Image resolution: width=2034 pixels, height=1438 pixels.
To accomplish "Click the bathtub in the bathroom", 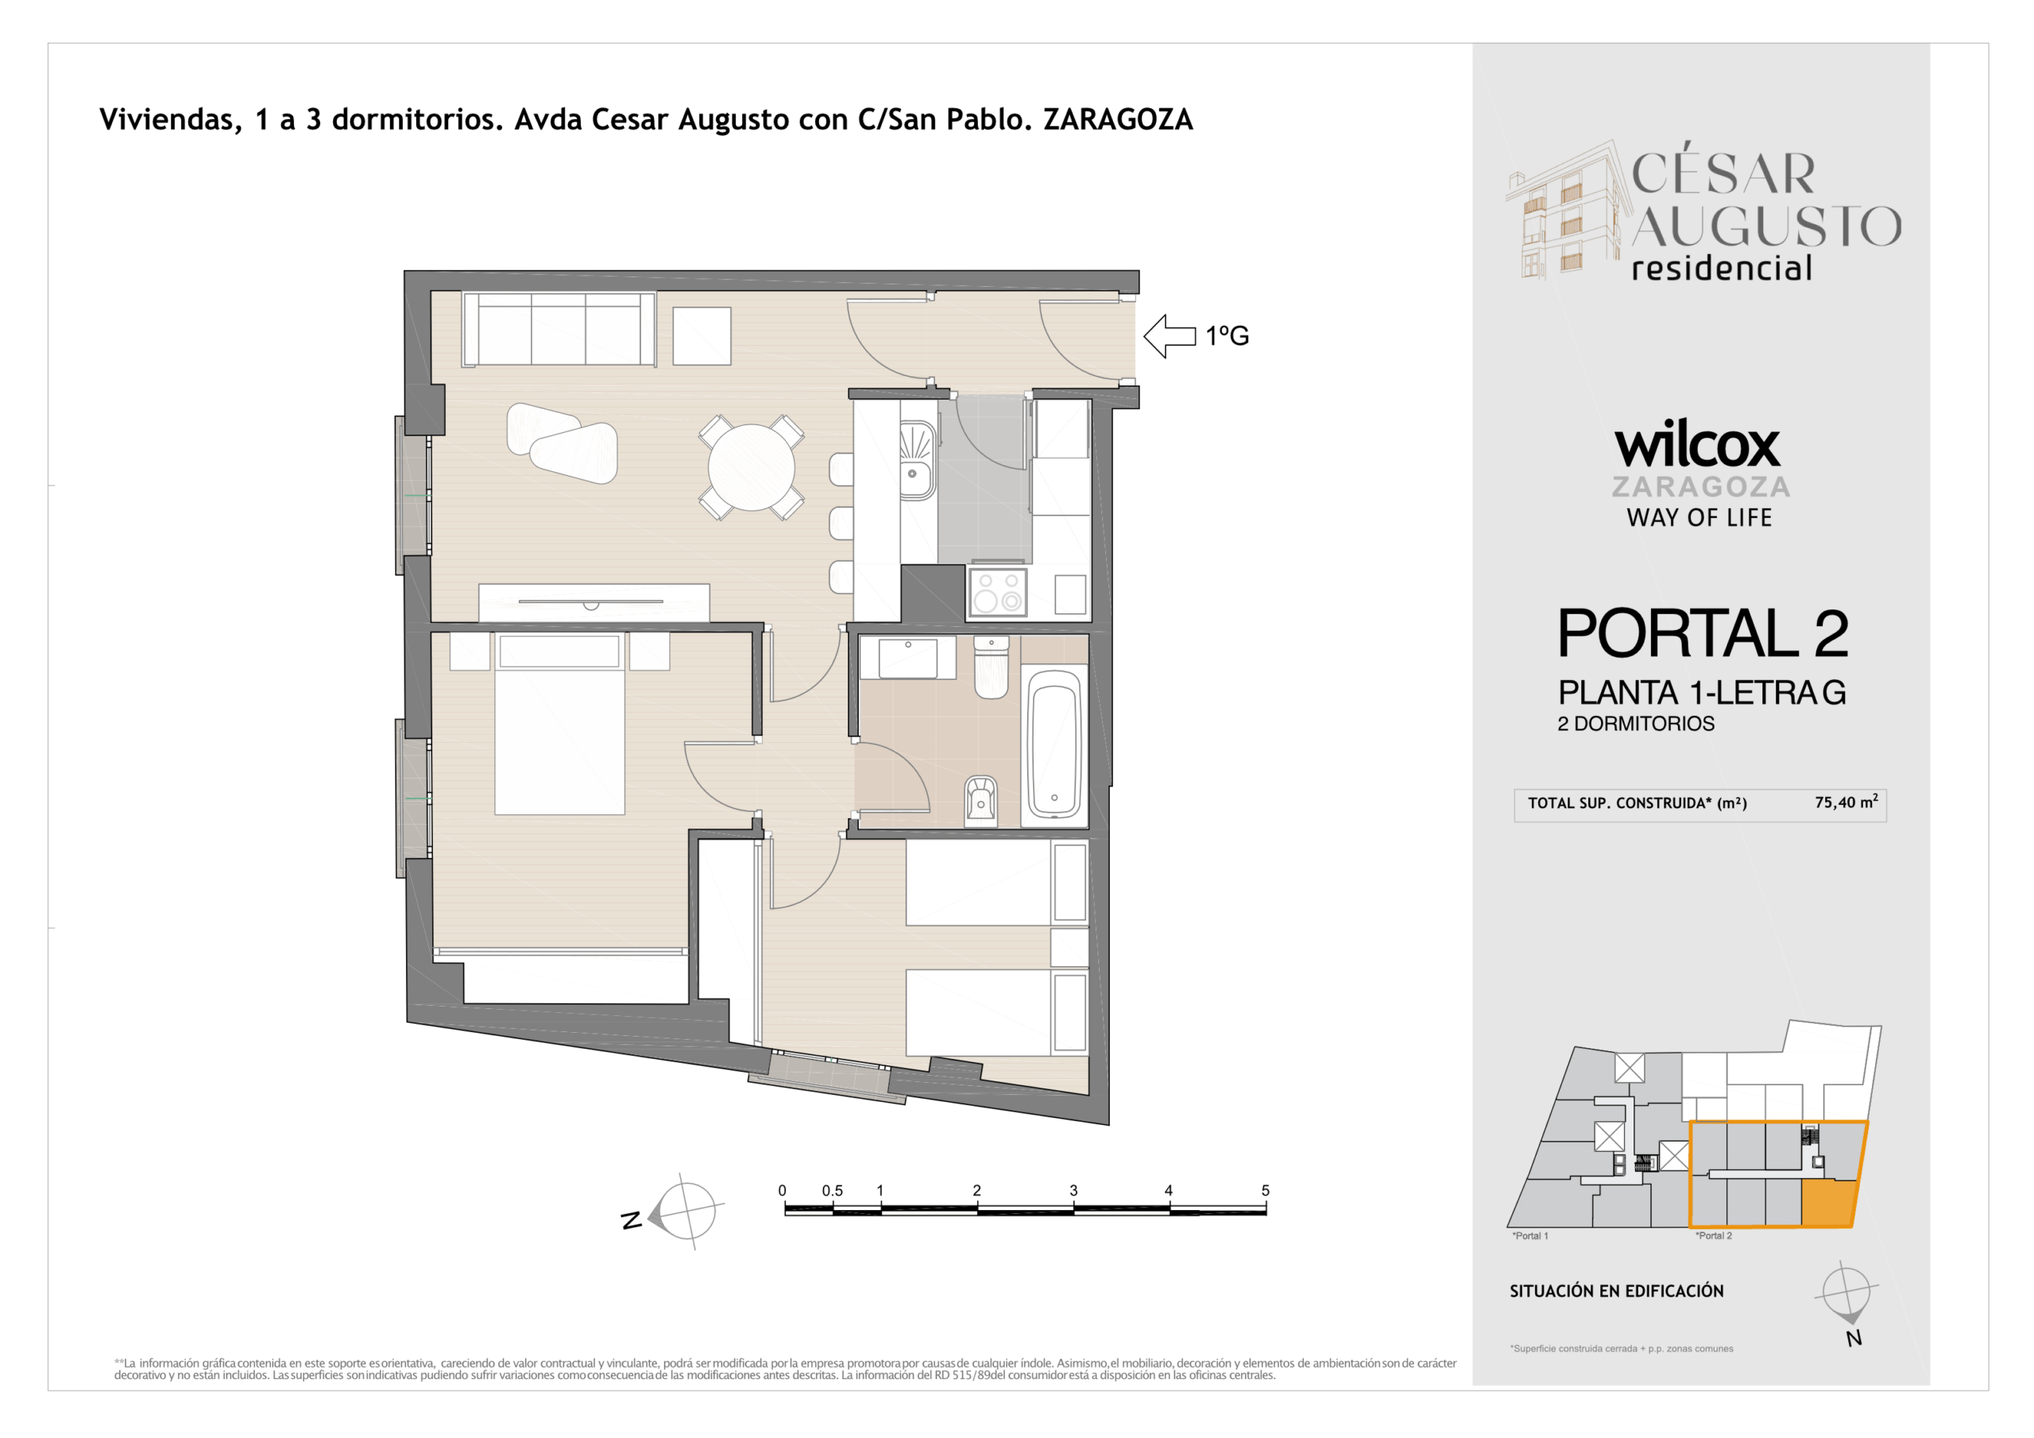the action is point(1054,745).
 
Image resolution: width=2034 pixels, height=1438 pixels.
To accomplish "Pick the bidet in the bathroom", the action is point(980,799).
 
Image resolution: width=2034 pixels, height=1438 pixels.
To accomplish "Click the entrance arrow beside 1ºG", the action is point(1170,337).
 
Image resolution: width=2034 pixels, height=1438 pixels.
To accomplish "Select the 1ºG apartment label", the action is point(1227,337).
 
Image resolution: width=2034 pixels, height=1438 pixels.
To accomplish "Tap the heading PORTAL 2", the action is point(1703,633).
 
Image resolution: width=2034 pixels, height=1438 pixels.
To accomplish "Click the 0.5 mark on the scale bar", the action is point(832,1191).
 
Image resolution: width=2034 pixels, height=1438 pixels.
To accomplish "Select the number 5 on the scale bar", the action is point(1265,1191).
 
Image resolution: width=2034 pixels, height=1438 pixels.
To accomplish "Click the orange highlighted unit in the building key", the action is point(1827,1203).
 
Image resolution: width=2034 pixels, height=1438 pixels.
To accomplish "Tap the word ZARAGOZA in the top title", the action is point(1118,120).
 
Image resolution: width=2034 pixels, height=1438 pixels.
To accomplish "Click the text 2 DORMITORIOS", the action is point(1635,724).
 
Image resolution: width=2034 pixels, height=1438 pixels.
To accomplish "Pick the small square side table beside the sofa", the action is point(702,336).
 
